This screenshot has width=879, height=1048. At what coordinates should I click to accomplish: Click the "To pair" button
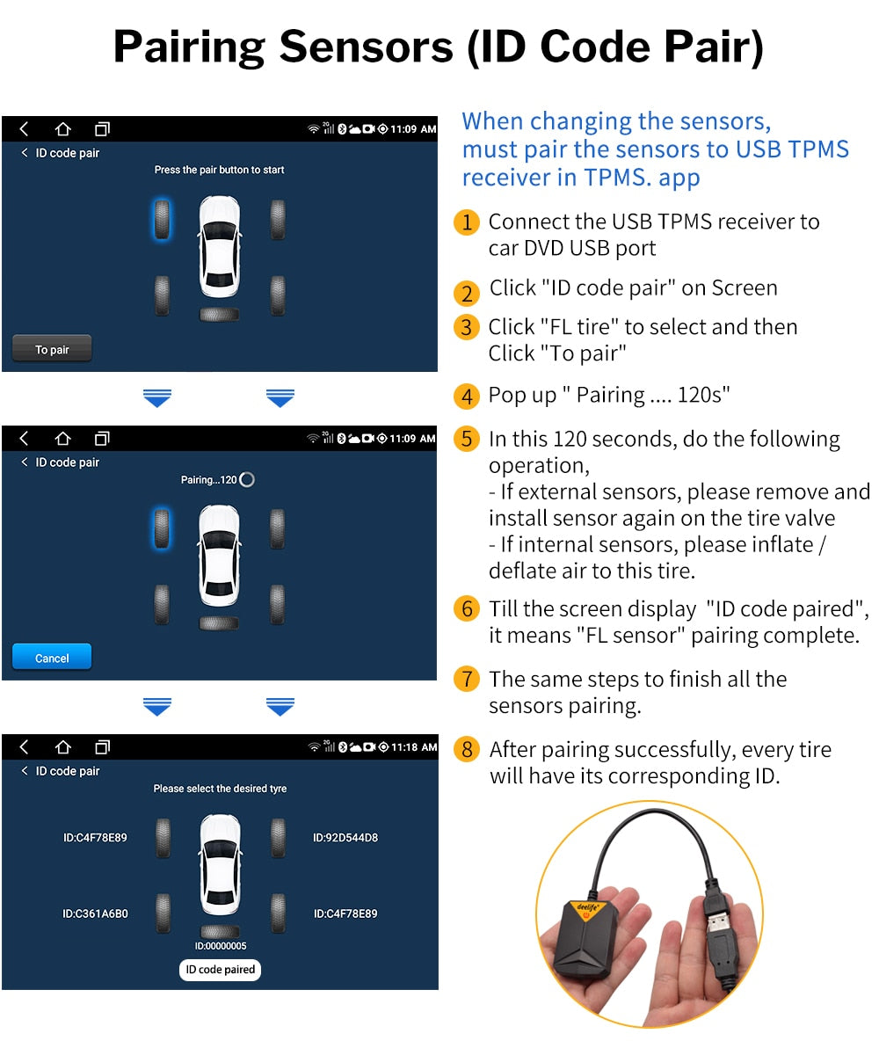tap(52, 349)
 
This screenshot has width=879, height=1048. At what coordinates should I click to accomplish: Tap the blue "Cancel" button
tap(52, 658)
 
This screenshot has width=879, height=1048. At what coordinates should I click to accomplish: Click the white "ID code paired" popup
tap(220, 970)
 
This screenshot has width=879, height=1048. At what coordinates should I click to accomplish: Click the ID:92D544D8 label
tap(345, 838)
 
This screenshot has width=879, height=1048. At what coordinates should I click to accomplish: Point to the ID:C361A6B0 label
tap(95, 913)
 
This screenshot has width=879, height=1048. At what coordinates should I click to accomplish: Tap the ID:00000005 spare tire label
tap(220, 946)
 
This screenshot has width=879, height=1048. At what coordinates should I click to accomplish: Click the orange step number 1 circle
tap(467, 222)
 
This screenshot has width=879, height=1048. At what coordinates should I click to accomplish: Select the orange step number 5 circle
tap(467, 439)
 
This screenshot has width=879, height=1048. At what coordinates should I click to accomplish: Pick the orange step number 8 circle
tap(467, 750)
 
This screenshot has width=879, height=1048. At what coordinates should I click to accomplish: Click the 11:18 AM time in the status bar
tap(414, 747)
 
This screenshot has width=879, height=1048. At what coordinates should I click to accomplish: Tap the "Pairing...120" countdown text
tap(209, 479)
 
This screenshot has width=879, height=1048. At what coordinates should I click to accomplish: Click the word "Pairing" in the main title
tap(188, 47)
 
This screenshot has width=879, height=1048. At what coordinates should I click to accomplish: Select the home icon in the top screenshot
tap(62, 129)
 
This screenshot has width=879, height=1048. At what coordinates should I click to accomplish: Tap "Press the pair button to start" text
tap(219, 170)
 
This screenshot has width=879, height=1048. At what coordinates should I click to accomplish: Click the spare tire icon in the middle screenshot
tap(219, 622)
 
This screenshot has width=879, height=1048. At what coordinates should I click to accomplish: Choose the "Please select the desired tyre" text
tap(220, 789)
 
